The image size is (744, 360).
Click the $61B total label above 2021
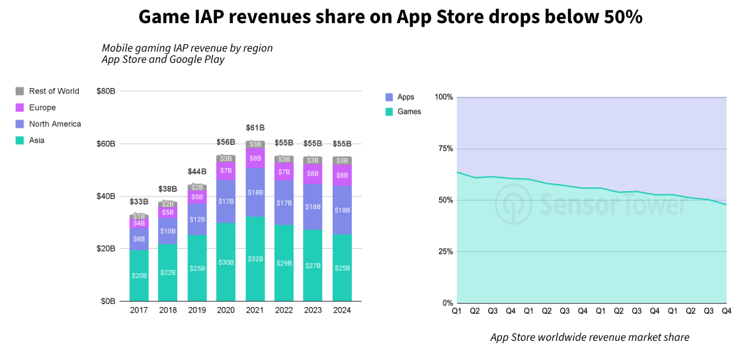(x=255, y=128)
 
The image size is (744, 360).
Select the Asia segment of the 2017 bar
(x=139, y=275)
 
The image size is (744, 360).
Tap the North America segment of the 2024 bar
(x=342, y=210)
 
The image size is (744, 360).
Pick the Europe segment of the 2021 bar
(x=255, y=158)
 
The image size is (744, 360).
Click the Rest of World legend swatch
(x=20, y=91)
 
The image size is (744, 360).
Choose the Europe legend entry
(x=42, y=108)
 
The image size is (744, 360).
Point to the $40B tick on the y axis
(x=106, y=197)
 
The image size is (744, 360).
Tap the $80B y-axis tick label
(x=106, y=91)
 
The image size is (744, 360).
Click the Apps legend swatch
(x=389, y=97)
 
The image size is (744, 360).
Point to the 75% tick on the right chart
(x=444, y=149)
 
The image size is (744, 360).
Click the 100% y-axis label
(x=443, y=97)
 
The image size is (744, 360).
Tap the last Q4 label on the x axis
(x=726, y=310)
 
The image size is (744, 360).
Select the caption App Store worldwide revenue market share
(x=589, y=337)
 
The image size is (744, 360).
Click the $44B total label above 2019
(x=197, y=171)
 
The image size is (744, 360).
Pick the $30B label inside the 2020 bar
(x=226, y=262)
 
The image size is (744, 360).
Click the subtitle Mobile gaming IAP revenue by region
(x=187, y=48)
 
